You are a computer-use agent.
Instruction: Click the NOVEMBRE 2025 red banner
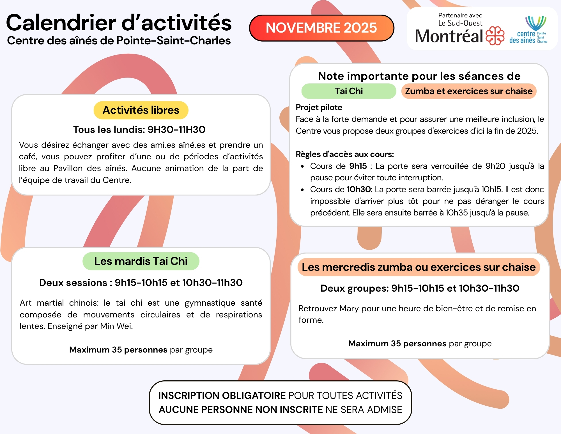click(x=321, y=28)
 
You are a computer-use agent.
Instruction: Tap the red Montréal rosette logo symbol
click(x=495, y=36)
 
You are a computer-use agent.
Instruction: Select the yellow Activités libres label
click(x=141, y=110)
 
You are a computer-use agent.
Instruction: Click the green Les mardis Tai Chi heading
click(x=141, y=261)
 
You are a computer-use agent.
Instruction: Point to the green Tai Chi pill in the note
click(x=349, y=91)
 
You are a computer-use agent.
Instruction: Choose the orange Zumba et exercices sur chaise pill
click(x=469, y=91)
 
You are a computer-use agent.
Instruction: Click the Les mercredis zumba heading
click(x=419, y=267)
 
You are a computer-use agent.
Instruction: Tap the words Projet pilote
click(x=319, y=107)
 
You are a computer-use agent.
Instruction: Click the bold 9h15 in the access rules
click(x=358, y=166)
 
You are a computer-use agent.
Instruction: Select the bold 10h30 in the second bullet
click(x=359, y=189)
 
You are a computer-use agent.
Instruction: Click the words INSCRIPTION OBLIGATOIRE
click(x=222, y=396)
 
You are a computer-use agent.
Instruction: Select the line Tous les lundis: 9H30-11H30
click(x=139, y=129)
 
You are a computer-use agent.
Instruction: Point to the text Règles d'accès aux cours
click(x=345, y=154)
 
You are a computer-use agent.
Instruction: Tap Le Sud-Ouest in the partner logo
click(x=460, y=23)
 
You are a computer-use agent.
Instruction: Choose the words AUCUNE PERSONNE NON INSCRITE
click(x=241, y=410)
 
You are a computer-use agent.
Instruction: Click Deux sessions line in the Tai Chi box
click(x=141, y=283)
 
